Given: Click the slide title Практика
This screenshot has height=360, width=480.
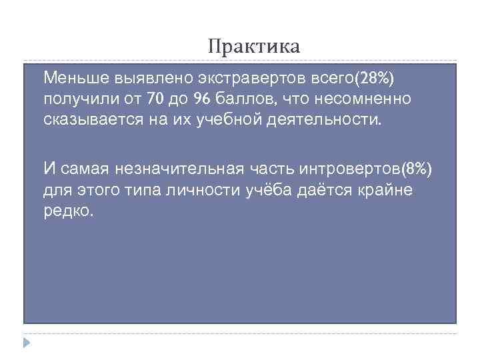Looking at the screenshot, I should tap(254, 47).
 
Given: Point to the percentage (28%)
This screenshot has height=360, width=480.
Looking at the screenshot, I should tap(375, 79).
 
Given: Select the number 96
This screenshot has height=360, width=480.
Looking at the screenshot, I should tap(202, 99).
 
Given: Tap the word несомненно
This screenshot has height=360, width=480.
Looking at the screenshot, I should tap(365, 99).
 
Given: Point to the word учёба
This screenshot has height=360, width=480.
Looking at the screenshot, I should tap(255, 191).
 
